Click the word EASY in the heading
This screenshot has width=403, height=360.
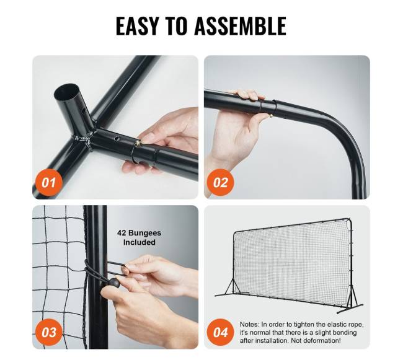(137, 25)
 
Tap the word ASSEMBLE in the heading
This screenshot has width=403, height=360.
(241, 25)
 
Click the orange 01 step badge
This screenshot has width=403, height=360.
(48, 183)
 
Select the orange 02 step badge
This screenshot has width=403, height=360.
(220, 183)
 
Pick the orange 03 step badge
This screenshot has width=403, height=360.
(48, 332)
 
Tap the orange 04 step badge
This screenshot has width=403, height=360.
(220, 332)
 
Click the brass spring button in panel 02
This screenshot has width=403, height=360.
(271, 116)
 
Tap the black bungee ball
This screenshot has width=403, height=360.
(114, 283)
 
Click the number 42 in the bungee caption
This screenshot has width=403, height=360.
(122, 233)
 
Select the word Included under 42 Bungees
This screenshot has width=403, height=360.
(139, 242)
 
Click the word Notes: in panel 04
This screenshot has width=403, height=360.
(250, 325)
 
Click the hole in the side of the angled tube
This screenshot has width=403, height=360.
(82, 111)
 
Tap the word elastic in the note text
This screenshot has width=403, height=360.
(332, 325)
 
